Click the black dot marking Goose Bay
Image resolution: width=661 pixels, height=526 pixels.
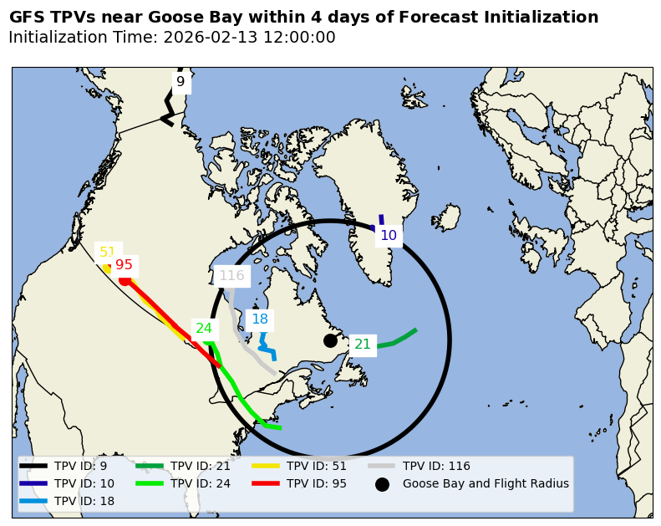[330, 340]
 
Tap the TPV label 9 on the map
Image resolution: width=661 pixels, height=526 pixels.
[181, 82]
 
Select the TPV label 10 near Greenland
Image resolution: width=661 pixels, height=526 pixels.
[389, 236]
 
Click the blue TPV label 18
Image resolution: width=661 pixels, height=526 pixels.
[260, 319]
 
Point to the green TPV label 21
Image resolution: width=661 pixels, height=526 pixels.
[363, 345]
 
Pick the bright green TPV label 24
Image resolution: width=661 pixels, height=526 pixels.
[204, 329]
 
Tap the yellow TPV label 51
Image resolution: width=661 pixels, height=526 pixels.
[108, 253]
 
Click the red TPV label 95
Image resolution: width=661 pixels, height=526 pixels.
[125, 265]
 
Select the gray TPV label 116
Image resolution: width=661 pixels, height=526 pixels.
[231, 276]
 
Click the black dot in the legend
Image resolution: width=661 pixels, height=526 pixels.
[382, 484]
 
